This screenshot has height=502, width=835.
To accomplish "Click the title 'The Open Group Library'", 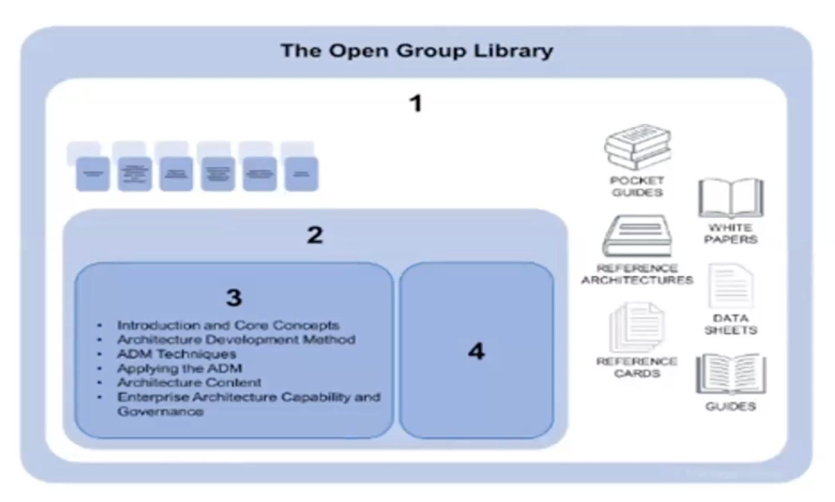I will (x=416, y=50).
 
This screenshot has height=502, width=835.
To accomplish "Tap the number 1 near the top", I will (x=416, y=104).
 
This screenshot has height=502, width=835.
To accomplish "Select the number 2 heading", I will (x=315, y=235).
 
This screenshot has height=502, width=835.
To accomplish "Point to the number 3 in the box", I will (x=234, y=297).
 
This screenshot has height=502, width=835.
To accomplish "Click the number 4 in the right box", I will (x=476, y=351).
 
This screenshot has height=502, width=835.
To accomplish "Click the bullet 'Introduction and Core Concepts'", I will (x=228, y=325).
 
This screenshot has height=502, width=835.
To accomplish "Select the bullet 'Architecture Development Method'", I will (x=236, y=339).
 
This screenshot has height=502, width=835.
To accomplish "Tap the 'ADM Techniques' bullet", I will (x=177, y=354).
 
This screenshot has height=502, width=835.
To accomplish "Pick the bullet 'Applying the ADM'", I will (x=179, y=368).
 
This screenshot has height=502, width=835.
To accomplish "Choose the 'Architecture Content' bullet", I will (x=189, y=382).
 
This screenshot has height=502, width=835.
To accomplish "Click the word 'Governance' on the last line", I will (x=160, y=411).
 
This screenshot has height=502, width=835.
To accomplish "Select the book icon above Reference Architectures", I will (x=638, y=236).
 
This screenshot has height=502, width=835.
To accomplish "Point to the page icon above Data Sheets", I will (x=731, y=287).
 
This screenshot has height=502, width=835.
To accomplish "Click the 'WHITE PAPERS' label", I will (x=731, y=234).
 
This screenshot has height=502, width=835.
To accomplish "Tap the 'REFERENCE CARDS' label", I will (x=636, y=367).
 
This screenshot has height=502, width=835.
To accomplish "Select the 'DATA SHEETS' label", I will (x=731, y=324).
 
